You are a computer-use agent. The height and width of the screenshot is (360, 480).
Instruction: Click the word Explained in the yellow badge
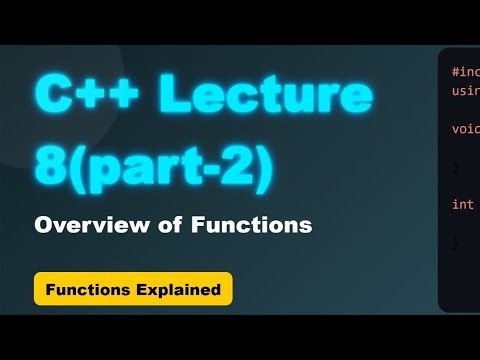coord(181,291)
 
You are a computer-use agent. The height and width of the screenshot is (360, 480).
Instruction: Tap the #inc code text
coord(464,72)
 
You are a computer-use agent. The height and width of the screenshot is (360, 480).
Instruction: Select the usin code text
coord(464,90)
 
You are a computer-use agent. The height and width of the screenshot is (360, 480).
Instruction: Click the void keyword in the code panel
coord(464,129)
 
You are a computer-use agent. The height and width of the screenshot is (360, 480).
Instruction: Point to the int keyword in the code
coord(462,204)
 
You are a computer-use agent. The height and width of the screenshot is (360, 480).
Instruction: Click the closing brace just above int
coord(455,166)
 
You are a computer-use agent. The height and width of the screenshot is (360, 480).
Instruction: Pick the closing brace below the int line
coord(455,242)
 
